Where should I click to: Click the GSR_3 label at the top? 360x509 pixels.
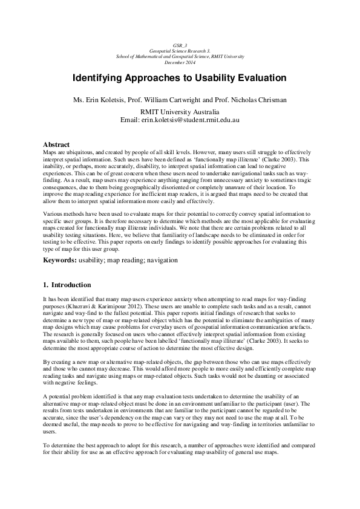180,45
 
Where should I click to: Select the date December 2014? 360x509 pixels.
180,62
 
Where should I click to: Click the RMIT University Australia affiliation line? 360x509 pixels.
180,112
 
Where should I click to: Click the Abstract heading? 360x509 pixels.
57,144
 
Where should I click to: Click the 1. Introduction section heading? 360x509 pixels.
67,285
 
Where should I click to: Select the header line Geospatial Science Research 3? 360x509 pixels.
180,50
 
